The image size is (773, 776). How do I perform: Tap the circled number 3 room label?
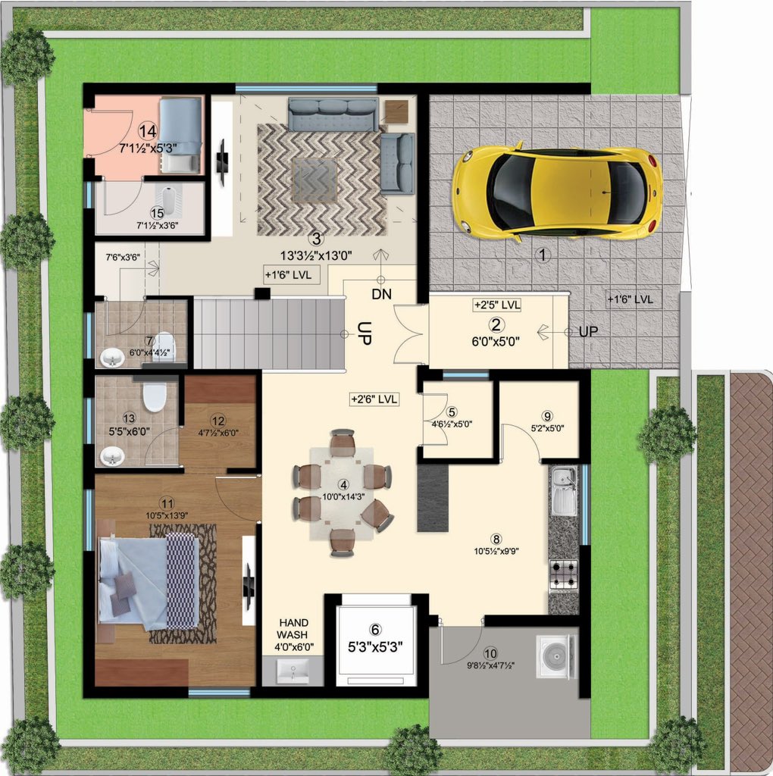tap(315, 239)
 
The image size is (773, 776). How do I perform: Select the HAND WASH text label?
tap(293, 628)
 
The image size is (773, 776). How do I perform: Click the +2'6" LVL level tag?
tap(374, 399)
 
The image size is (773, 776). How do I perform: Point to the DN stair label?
tap(381, 295)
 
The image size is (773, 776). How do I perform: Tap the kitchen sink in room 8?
tap(563, 490)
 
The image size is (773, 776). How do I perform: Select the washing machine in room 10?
tap(556, 657)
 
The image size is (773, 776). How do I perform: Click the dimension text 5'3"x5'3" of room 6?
tap(376, 647)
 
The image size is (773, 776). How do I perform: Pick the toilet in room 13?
tap(154, 395)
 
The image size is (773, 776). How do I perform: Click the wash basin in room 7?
tap(112, 358)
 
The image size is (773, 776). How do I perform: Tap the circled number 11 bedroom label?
tap(167, 504)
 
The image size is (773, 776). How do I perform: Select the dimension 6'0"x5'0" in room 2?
tap(496, 341)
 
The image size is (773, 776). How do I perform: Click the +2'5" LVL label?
tap(496, 305)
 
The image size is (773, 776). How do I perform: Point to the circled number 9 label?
tap(547, 416)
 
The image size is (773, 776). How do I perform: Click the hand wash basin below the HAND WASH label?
tap(293, 671)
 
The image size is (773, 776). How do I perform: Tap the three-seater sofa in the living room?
tap(333, 114)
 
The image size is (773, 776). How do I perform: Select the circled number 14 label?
tap(148, 131)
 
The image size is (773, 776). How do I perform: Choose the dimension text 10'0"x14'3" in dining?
tap(343, 496)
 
